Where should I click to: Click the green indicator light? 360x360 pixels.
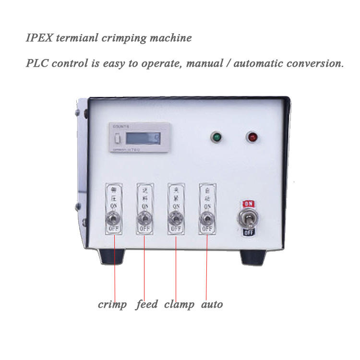[216, 137]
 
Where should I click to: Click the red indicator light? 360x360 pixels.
[252, 137]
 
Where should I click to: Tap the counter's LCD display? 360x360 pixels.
[143, 139]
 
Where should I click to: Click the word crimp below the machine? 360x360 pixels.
[112, 304]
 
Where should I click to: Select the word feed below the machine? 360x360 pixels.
[146, 304]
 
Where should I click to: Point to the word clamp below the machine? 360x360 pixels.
[179, 304]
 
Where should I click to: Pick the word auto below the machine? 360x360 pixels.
[212, 304]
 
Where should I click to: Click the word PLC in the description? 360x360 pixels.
[38, 63]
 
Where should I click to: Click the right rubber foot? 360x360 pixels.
[252, 257]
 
